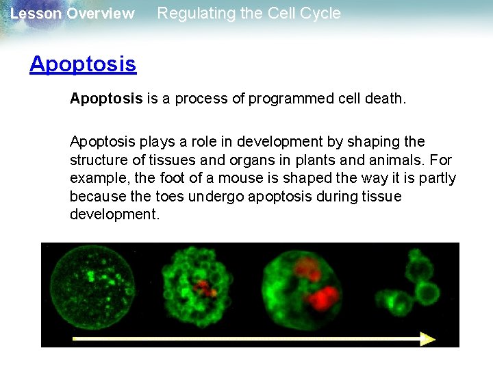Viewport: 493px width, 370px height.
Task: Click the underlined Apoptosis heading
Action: tap(83, 64)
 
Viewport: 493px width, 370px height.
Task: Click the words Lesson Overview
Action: tap(73, 14)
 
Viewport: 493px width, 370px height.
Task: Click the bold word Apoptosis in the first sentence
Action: tap(106, 99)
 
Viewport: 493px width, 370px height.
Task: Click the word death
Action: tap(387, 99)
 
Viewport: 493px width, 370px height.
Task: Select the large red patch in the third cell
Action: tap(322, 297)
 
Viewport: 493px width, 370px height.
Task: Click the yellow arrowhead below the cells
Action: tap(428, 338)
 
